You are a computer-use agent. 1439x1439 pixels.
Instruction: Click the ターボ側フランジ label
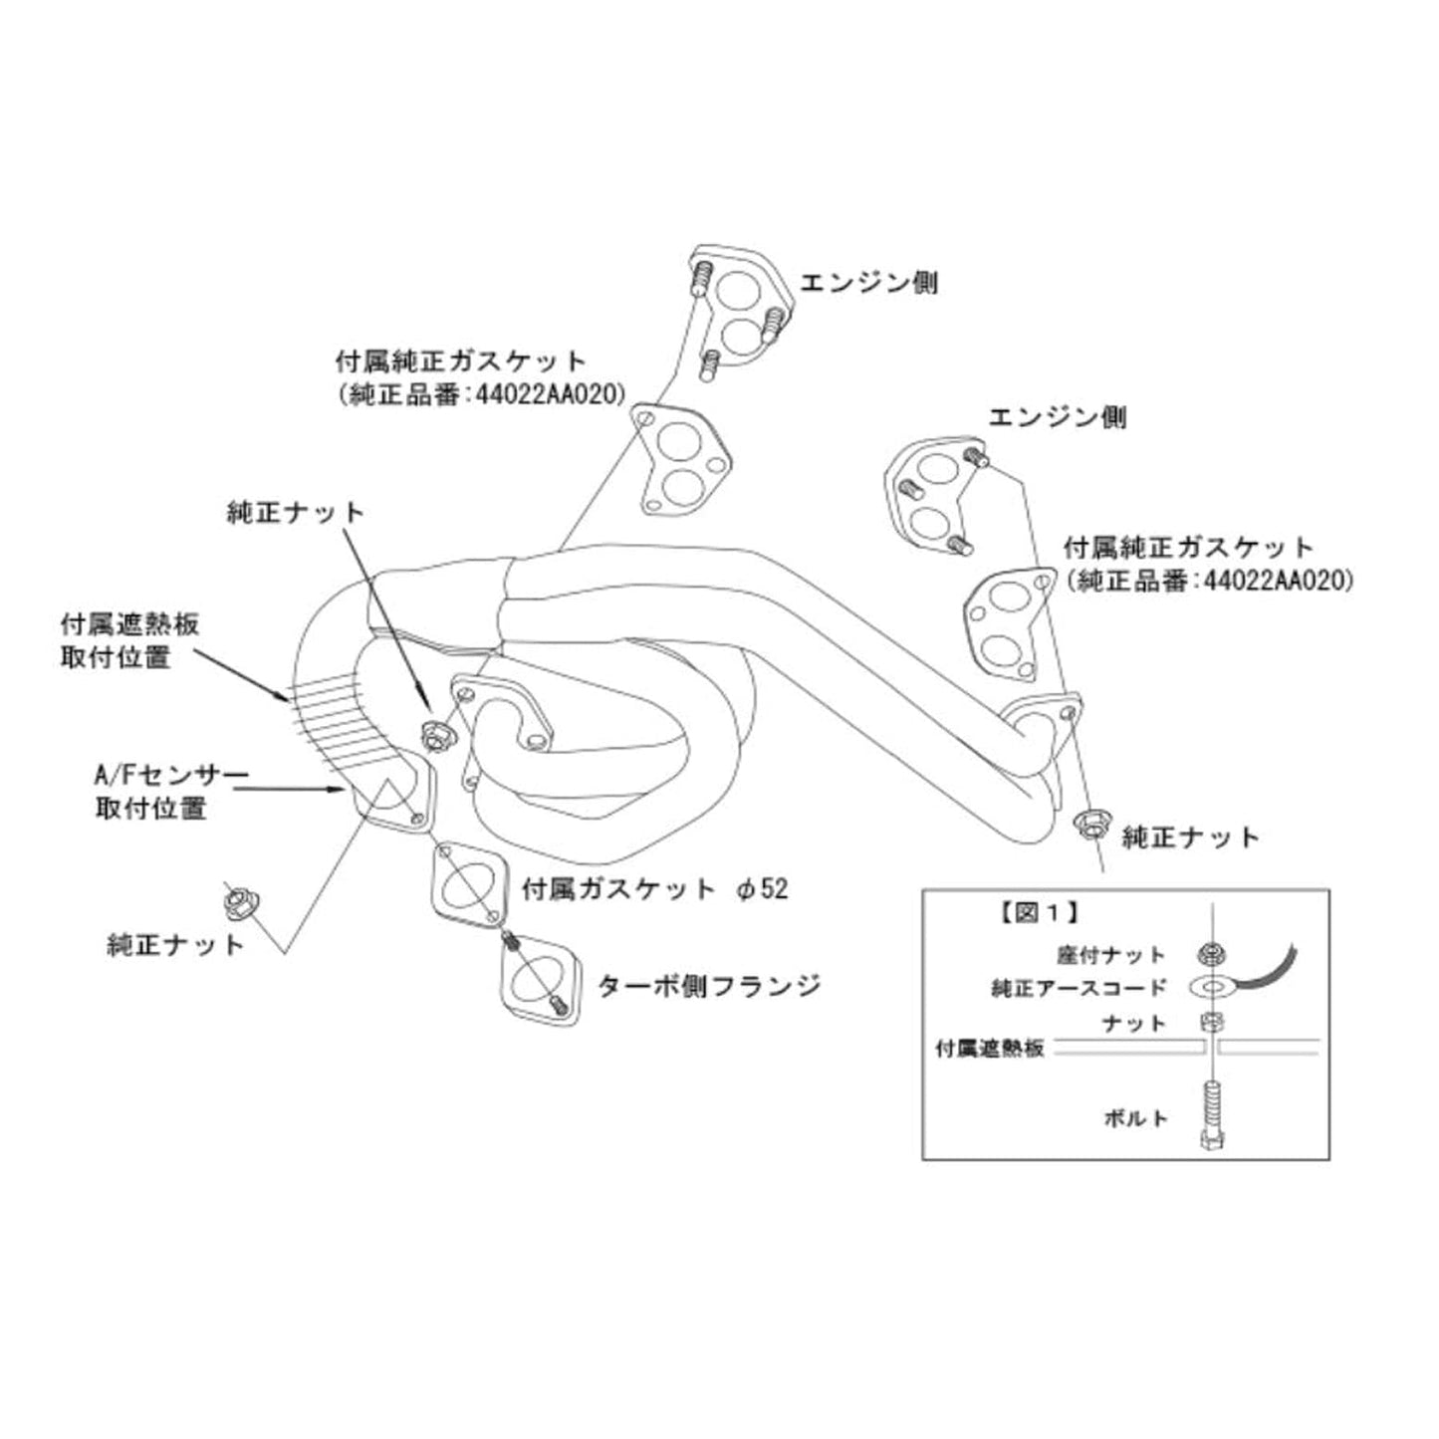pos(709,986)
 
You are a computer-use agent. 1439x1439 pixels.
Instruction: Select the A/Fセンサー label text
pos(171,776)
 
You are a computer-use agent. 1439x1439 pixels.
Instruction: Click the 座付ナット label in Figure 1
pos(1110,955)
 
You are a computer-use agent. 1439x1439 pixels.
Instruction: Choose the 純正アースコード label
pos(1079,988)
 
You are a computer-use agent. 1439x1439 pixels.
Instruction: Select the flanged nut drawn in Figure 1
pos(1211,954)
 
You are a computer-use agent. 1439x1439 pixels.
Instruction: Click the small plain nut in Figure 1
pos(1211,1021)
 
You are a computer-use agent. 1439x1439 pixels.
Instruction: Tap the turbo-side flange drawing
pos(539,980)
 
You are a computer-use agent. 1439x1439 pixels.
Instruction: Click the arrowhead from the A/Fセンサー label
pos(343,790)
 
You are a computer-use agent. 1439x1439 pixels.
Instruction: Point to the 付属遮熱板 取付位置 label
pos(129,640)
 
